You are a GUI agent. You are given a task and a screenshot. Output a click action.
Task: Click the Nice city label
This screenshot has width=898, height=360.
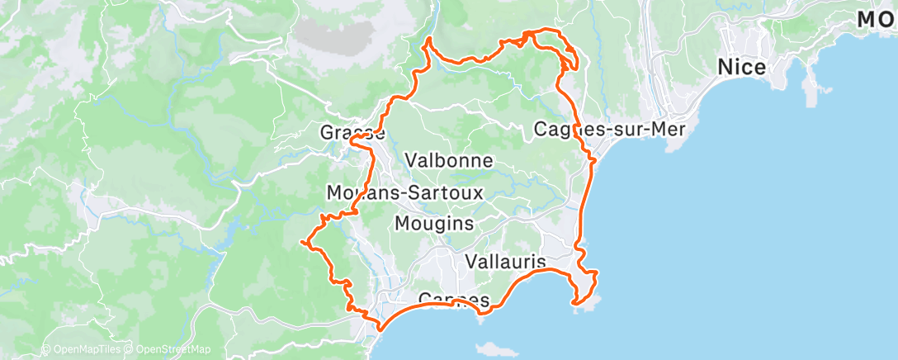(742, 67)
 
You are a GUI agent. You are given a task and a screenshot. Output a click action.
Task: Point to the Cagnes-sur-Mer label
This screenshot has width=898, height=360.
(611, 130)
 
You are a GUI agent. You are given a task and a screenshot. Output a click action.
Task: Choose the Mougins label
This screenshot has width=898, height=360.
(434, 223)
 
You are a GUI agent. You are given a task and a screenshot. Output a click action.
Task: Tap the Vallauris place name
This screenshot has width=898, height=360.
(505, 262)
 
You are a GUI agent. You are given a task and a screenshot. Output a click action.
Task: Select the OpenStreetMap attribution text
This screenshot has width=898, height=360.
(168, 349)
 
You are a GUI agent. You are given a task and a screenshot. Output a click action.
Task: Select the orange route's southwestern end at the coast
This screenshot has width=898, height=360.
(380, 328)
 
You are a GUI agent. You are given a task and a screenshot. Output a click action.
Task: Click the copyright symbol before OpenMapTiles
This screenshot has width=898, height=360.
(45, 349)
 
